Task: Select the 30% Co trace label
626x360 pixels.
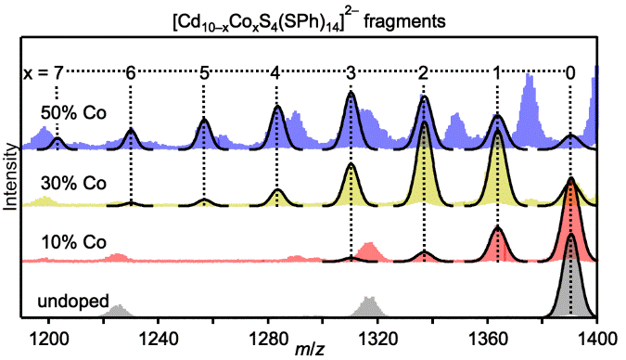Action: (73, 183)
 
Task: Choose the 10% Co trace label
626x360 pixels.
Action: (73, 242)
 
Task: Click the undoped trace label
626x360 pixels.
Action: (70, 301)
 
